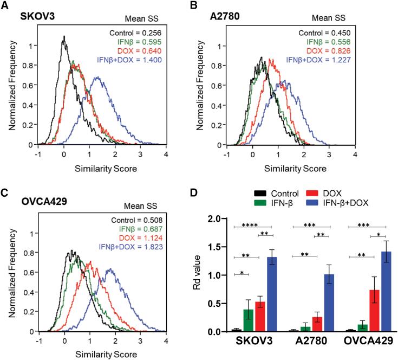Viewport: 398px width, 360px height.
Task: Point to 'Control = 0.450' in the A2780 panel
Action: click(330, 34)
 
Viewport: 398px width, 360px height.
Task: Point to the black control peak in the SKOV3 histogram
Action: click(64, 37)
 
